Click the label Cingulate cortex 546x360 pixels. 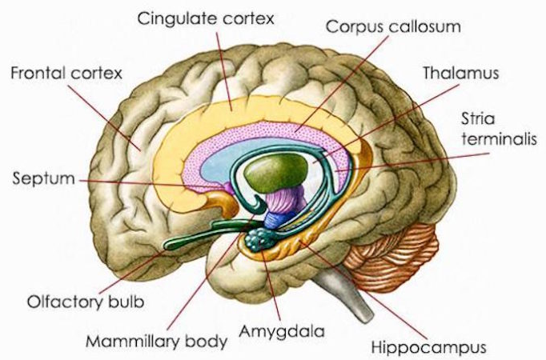[x=206, y=18]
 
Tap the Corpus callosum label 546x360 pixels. [x=393, y=26]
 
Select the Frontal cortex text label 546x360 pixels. [x=66, y=73]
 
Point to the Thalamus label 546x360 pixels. [x=460, y=73]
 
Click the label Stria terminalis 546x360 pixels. [x=499, y=129]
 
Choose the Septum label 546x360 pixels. [x=44, y=178]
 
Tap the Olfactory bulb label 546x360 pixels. [x=86, y=302]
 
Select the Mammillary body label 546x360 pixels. [x=156, y=342]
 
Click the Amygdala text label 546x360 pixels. [x=281, y=332]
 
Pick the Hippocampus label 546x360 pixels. [x=428, y=347]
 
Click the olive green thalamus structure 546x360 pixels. [x=275, y=171]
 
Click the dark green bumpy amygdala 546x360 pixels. [x=259, y=239]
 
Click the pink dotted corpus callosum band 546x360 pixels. [x=265, y=130]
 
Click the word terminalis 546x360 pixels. [x=499, y=138]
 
